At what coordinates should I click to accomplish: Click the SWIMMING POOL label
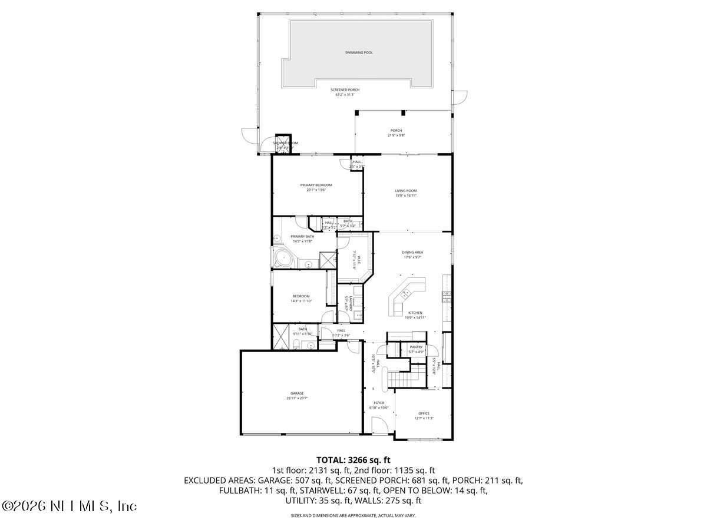coord(359,52)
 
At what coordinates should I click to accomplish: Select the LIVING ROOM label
coord(406,190)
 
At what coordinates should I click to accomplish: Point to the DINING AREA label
coord(412,252)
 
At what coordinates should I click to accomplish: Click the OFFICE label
coord(424,413)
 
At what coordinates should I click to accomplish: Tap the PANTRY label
coord(417,347)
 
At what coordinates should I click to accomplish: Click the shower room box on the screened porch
coord(285,144)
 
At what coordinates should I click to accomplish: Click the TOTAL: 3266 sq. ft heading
coord(353,459)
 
